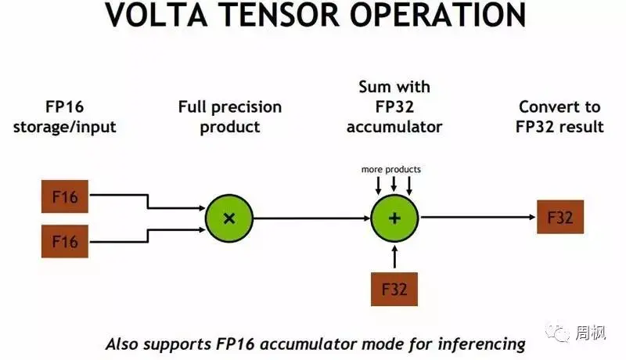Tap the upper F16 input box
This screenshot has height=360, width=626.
coord(65,196)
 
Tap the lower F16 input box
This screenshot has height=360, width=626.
coord(65,241)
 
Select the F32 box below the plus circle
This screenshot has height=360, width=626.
coord(394,290)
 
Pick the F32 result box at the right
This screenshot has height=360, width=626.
coord(560,218)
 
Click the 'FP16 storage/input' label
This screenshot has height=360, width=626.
coord(65,117)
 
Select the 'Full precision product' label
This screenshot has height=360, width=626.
coord(229,117)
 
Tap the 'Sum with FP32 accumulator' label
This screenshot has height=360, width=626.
coord(394,106)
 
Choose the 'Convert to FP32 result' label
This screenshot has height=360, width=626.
coord(559,117)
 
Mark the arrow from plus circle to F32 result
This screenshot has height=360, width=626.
coord(477,218)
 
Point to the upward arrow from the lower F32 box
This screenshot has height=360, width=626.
coord(394,257)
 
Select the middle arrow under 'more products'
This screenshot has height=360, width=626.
coord(394,185)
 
